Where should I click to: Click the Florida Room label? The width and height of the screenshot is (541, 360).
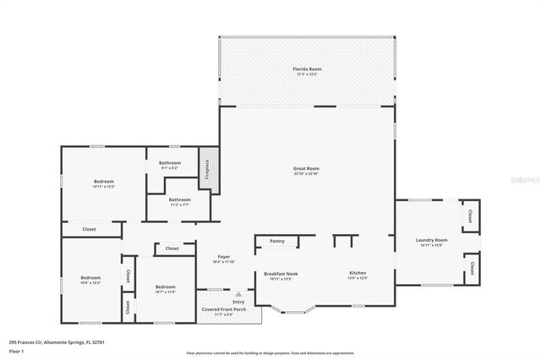click(307, 69)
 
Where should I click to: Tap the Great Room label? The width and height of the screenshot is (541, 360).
click(306, 170)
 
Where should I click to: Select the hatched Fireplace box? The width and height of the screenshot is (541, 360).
click(204, 168)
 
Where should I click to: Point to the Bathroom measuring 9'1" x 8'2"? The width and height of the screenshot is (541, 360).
click(171, 163)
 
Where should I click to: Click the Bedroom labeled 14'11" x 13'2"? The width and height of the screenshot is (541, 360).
click(103, 182)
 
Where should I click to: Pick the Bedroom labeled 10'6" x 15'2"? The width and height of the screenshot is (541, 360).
click(90, 278)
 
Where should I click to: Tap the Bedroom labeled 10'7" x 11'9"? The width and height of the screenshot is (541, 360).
click(165, 287)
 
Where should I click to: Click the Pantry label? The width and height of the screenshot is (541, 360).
click(277, 242)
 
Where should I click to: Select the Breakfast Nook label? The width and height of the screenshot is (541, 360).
click(281, 274)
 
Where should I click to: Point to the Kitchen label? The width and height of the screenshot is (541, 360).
click(358, 274)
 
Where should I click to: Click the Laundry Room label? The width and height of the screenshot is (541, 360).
click(431, 241)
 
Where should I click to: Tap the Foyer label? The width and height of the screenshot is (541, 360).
click(224, 257)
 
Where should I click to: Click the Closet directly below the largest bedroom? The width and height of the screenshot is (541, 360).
click(89, 229)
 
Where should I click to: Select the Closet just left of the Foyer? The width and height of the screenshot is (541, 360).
click(172, 248)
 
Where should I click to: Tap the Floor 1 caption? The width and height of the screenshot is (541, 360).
click(16, 350)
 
